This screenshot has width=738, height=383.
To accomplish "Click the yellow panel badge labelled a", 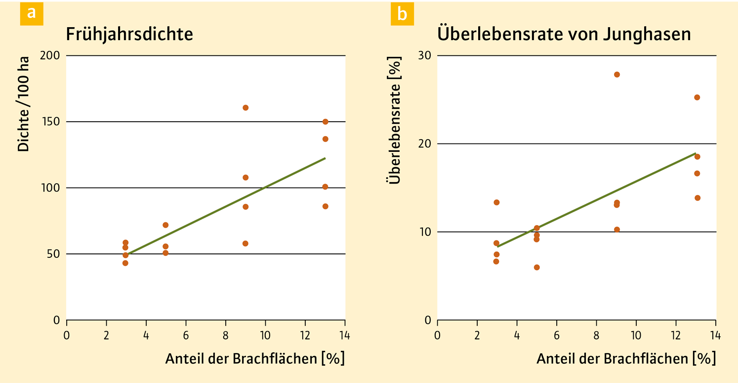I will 32,13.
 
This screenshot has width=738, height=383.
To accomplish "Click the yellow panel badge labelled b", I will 402,13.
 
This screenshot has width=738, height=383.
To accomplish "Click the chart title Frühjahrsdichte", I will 129,35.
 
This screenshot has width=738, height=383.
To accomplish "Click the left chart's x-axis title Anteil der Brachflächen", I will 254,358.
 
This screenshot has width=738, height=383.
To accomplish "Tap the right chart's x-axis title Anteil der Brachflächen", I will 625,358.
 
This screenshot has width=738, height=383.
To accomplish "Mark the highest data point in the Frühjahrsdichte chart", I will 246,108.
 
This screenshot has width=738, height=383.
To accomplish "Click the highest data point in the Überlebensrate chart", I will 616,75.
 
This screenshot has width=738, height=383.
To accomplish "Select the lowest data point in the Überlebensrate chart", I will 536,267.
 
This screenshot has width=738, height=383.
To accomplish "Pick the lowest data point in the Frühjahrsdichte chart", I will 125,263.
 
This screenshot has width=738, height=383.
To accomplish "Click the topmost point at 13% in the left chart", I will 325,122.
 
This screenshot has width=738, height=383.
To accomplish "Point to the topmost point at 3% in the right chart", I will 496,202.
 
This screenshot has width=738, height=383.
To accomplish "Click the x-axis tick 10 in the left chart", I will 265,335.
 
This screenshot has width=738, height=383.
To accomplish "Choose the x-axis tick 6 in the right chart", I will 556,335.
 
